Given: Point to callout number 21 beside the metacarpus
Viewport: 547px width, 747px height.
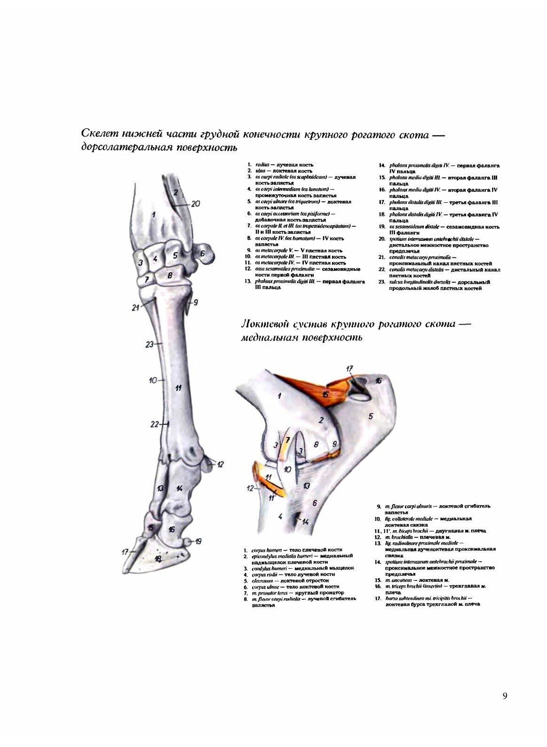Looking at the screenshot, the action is (136, 308).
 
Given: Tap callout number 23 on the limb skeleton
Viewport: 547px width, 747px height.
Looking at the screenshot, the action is (150, 344).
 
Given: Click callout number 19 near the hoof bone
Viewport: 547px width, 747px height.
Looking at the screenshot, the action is (198, 541).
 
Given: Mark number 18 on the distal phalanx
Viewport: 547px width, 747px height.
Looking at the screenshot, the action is (159, 559).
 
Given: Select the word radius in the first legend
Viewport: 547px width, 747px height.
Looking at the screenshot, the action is (262, 165).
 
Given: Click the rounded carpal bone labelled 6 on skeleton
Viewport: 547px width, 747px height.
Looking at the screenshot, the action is (203, 254).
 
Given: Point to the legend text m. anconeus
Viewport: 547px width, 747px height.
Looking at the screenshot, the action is (399, 580).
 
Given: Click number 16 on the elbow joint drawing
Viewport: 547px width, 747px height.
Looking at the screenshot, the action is (378, 380).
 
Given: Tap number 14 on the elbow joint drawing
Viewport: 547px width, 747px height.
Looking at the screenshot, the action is (305, 521).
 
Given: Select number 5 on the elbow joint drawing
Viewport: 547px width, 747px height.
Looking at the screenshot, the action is (371, 416).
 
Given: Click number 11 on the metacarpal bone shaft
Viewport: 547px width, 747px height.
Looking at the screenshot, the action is (178, 388).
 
